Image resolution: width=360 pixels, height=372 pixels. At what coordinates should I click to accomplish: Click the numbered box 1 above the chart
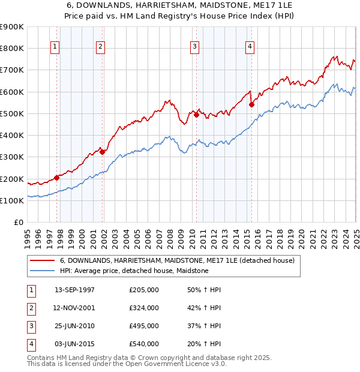[x=55, y=47]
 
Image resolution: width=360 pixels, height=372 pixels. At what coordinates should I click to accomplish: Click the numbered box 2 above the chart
[x=100, y=47]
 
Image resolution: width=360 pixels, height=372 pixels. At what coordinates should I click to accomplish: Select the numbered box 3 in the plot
[x=195, y=47]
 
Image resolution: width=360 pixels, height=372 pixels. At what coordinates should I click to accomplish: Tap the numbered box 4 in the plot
[x=249, y=47]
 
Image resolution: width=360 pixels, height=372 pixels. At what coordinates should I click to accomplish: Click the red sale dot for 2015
[x=251, y=104]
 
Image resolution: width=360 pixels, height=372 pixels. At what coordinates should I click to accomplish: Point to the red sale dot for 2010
[x=197, y=115]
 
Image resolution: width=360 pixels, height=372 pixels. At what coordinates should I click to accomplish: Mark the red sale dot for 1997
[x=57, y=178]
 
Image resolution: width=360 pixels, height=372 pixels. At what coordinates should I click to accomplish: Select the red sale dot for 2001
[x=103, y=152]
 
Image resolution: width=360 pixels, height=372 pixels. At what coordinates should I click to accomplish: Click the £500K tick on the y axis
[x=12, y=113]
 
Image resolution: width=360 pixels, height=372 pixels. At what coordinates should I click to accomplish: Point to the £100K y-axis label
[x=12, y=200]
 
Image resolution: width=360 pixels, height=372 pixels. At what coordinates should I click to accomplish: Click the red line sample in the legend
[x=42, y=261]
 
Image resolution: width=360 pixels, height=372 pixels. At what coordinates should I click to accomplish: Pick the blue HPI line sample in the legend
[x=42, y=271]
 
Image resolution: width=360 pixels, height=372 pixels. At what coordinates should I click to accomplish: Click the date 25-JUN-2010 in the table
[x=74, y=326]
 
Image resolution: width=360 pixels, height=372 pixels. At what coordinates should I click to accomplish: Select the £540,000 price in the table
[x=144, y=344]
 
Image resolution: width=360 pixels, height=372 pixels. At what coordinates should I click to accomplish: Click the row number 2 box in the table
[x=30, y=308]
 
